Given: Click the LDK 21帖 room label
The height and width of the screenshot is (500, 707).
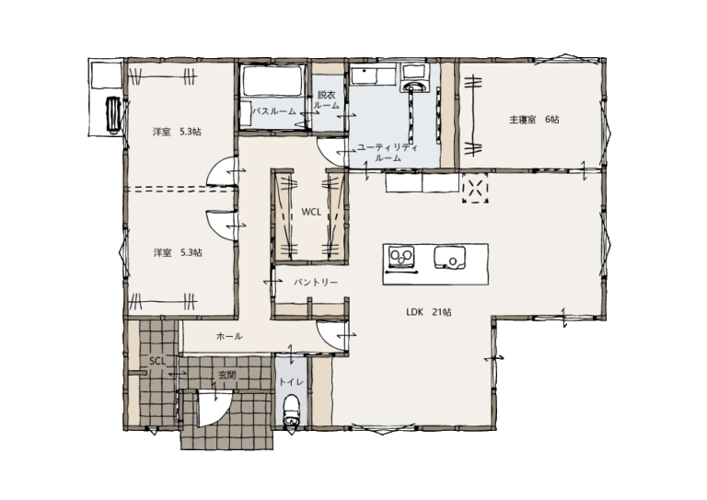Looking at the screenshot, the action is (429, 312).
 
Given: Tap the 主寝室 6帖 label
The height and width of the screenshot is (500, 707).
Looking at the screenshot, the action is (534, 120).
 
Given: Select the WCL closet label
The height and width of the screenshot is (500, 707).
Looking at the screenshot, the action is (311, 212).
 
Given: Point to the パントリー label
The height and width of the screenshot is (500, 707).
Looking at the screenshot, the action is (316, 283).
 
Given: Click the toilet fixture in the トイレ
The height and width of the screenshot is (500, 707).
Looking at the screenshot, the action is (291, 411).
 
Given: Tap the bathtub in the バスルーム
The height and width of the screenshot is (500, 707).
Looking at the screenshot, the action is (272, 81).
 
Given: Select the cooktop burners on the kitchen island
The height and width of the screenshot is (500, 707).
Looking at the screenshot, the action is (401, 257).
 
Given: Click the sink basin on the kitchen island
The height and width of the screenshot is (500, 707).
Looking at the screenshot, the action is (449, 257).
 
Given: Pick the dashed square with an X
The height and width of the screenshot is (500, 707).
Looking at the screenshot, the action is (475, 188).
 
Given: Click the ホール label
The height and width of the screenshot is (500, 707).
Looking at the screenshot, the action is (229, 336).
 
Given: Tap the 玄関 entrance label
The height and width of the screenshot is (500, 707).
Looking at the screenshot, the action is (226, 375).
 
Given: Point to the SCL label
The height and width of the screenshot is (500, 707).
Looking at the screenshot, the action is (157, 361).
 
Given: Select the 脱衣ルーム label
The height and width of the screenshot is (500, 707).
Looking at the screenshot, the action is (327, 100).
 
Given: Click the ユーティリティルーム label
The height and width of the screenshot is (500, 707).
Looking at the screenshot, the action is (388, 153).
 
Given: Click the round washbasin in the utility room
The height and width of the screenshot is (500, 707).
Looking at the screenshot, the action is (413, 87).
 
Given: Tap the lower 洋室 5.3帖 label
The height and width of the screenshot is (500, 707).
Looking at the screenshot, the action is (177, 252).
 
